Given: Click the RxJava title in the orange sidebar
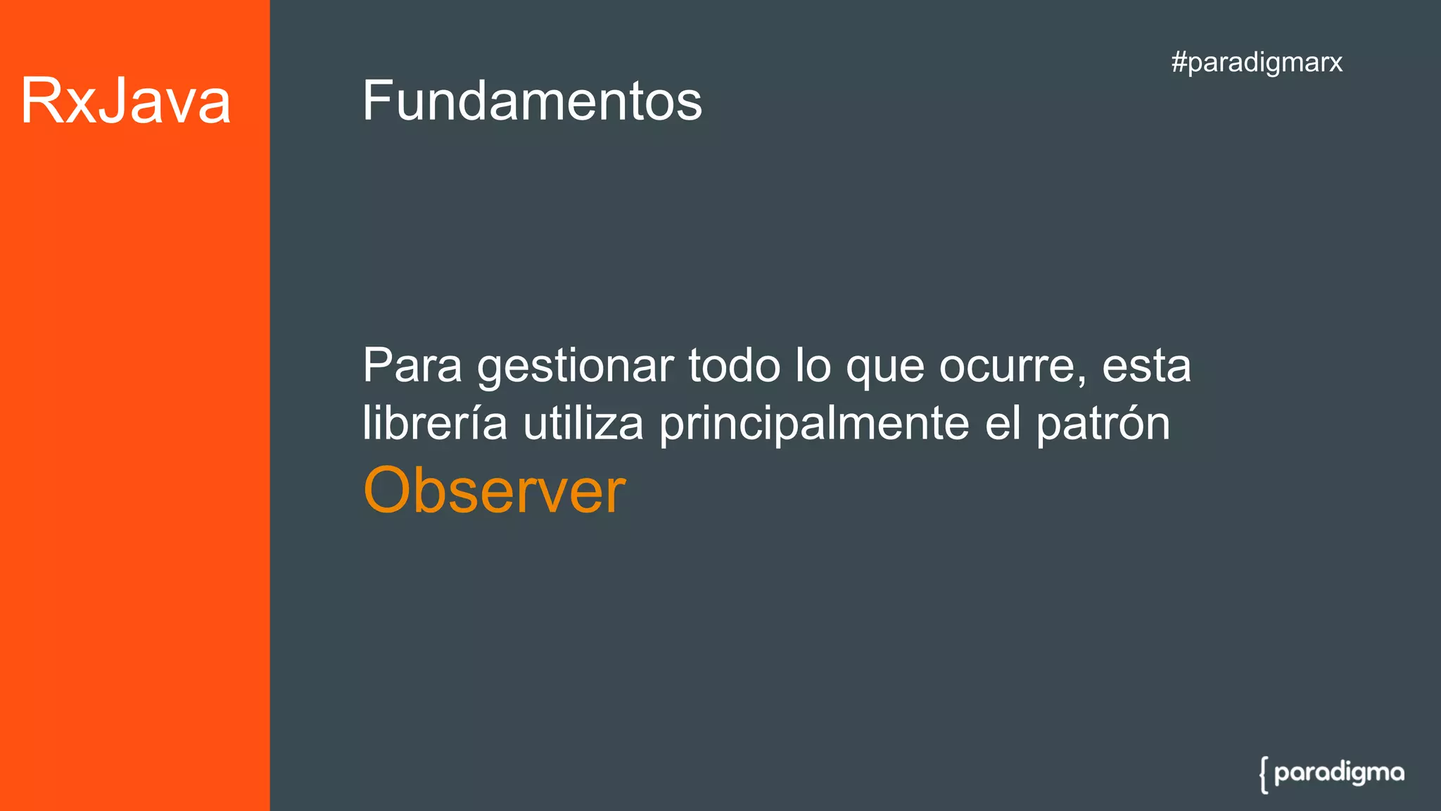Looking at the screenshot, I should tap(125, 101).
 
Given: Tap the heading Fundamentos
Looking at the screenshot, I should tap(532, 101).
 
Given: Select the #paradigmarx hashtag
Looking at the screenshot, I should tap(1257, 62).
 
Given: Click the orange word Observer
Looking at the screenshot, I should tap(494, 490).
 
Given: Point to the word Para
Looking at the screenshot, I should tap(412, 366).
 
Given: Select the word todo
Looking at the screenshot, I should tap(734, 366).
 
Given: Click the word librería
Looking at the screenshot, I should tap(435, 423).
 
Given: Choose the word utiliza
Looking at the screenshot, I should tap(583, 423).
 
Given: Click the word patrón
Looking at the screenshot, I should tap(1103, 425).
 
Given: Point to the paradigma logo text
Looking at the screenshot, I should tap(1339, 773).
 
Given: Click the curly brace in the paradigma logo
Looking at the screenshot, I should tap(1264, 774).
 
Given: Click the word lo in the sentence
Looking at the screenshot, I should tap(813, 366).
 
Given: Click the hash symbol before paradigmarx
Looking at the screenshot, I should tap(1179, 62).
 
